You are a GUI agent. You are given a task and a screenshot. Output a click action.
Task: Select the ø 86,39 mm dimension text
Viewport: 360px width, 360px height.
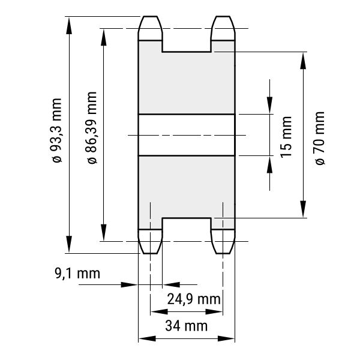92,128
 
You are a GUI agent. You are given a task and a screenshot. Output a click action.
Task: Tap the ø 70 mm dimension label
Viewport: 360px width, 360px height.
320,138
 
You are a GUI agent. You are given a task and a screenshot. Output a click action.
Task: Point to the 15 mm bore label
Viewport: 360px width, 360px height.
286,137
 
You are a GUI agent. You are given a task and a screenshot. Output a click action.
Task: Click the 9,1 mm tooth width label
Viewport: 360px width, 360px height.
77,274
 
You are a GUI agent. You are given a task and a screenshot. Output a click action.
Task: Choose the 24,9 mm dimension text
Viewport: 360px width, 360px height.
194,299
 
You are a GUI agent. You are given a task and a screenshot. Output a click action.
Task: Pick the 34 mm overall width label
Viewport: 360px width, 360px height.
186,326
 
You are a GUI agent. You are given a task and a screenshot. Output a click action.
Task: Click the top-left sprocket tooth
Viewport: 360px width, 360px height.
150,28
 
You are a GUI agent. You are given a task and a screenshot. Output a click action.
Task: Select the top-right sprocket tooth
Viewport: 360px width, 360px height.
223,28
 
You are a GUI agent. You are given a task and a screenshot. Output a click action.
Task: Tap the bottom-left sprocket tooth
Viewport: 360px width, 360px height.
150,241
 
